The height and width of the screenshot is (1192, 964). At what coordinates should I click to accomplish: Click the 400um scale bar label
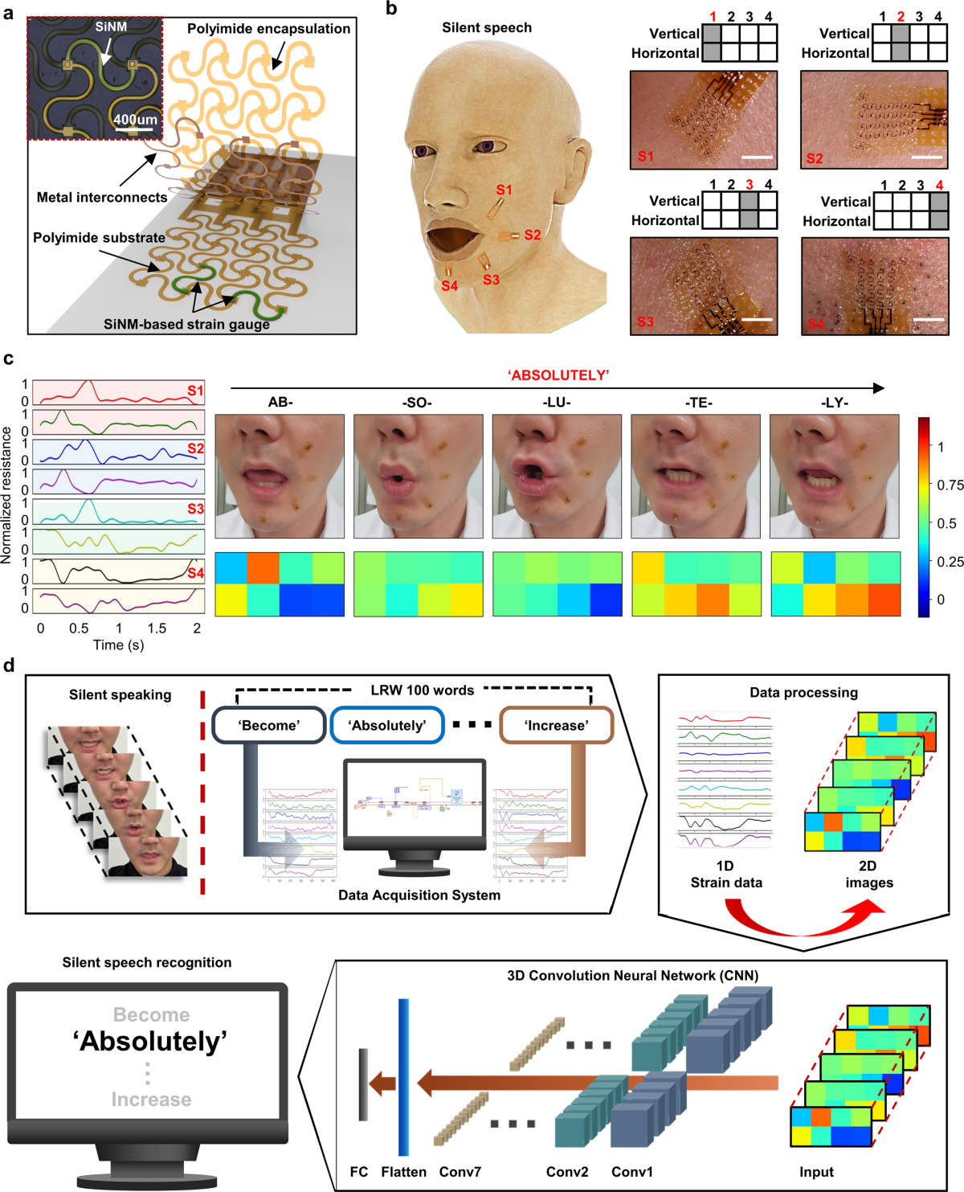(135, 120)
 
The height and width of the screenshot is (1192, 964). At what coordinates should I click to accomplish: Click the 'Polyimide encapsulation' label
(268, 29)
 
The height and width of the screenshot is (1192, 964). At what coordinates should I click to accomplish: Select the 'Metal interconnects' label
(102, 198)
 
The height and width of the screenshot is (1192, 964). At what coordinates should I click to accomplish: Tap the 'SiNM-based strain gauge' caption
(186, 325)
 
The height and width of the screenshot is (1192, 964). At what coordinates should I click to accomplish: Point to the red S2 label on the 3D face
(532, 235)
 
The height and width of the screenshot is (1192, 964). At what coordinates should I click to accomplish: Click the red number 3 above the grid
(750, 184)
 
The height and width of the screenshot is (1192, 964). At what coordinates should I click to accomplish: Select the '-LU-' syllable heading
(557, 402)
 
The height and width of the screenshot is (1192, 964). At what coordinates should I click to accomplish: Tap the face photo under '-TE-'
(696, 476)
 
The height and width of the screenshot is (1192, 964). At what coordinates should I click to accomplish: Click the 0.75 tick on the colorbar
(950, 485)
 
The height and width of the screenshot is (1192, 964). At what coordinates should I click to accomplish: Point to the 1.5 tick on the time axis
(157, 629)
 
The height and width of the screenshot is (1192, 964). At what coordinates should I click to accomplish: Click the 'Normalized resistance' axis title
(7, 494)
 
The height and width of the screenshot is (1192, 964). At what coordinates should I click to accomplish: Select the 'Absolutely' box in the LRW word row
(387, 725)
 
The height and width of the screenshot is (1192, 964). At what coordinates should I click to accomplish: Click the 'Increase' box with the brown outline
(556, 725)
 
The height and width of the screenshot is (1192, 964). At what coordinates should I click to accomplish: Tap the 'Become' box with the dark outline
(268, 725)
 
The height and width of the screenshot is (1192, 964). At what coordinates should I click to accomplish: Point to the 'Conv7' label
(460, 1172)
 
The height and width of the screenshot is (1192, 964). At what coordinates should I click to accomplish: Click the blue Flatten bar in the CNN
(403, 1077)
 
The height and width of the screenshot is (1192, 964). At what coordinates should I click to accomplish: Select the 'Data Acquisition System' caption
(419, 895)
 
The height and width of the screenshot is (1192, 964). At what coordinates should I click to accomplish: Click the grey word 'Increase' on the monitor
(151, 1100)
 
